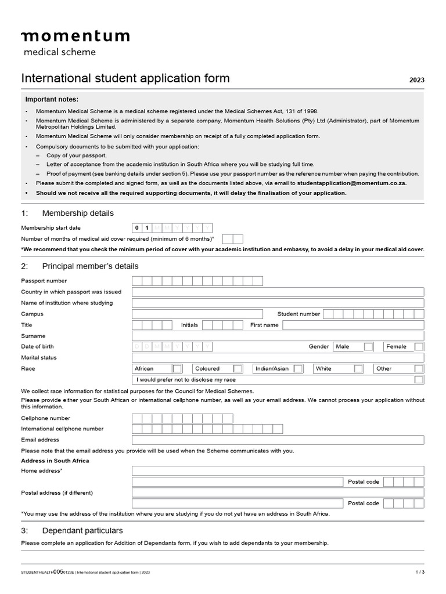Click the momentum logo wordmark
point(75,37)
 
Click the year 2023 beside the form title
point(416,80)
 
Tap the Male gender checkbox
point(369,347)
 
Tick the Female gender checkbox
point(419,347)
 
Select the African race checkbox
point(177,368)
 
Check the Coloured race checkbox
point(238,368)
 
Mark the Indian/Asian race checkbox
point(298,368)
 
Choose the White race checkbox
point(358,368)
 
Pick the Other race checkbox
point(419,368)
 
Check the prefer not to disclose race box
point(419,379)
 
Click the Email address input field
point(278,440)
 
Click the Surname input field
point(278,336)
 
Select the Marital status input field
point(278,357)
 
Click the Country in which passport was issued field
point(278,292)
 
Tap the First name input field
point(353,325)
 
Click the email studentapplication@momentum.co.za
point(351,183)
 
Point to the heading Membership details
point(78,213)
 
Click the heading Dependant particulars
point(82,531)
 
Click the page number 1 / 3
point(420,573)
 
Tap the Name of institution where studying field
point(278,303)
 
